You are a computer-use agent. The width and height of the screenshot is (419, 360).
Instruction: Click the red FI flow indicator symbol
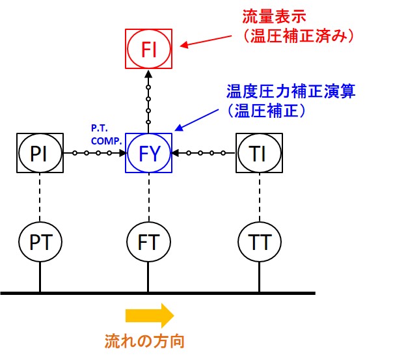[149, 48]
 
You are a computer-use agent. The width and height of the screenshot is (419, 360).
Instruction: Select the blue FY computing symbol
[149, 154]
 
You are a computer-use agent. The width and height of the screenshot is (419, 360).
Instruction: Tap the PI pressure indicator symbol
[40, 154]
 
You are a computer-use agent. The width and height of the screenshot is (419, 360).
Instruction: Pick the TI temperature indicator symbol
[259, 154]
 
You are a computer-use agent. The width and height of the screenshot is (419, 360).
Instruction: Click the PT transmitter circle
[40, 242]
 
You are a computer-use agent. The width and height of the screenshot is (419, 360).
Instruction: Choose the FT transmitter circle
[149, 242]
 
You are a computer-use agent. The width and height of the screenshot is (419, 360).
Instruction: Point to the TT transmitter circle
[259, 242]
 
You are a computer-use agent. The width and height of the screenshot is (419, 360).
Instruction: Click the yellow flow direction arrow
[150, 316]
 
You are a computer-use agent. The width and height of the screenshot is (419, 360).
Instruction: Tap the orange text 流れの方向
[150, 340]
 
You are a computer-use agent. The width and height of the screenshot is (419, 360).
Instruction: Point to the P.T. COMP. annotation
[104, 134]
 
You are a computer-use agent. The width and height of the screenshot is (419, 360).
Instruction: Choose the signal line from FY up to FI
[149, 101]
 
